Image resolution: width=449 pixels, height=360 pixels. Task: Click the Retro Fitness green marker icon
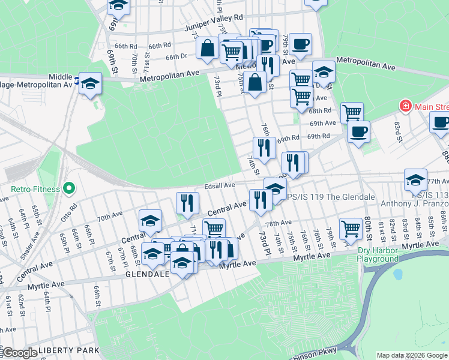coord(68,190)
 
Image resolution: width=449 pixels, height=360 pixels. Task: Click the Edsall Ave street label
coord(219,185)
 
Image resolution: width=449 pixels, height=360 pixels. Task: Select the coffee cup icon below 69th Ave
coord(358,131)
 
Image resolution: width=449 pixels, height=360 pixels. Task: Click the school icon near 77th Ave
coord(415,179)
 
